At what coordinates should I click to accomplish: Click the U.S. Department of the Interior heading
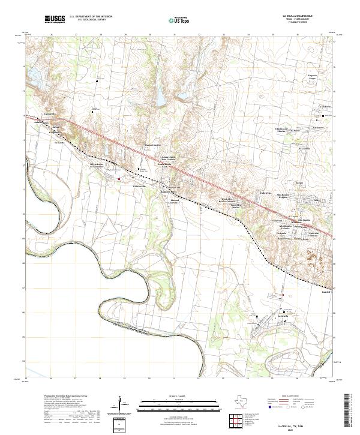[x=91, y=17]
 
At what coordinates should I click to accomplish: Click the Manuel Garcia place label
[x=154, y=145]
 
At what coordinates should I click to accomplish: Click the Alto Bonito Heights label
[x=283, y=196]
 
